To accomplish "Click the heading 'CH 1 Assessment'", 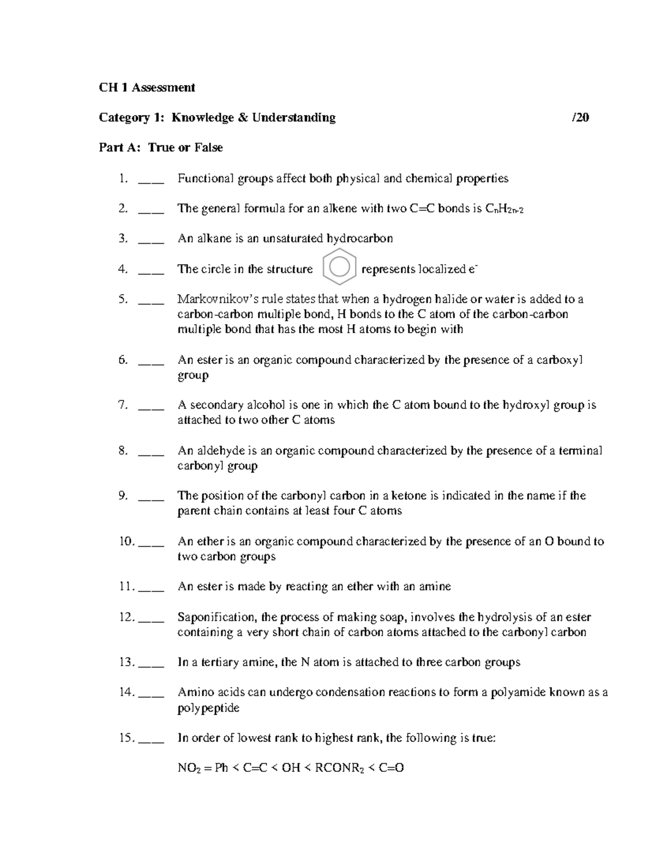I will tap(147, 87).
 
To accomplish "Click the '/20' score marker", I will tap(580, 117).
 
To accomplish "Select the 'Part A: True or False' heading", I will tap(160, 148).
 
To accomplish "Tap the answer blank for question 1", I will tap(150, 180).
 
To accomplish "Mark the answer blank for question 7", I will tap(150, 406).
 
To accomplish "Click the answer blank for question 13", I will tap(150, 663).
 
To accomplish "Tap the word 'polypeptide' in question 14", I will tap(208, 708).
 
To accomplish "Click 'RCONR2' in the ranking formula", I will tap(339, 769).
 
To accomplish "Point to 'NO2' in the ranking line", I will tap(187, 769).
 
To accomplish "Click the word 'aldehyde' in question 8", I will tap(219, 450).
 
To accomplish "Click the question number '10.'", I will tap(127, 541).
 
